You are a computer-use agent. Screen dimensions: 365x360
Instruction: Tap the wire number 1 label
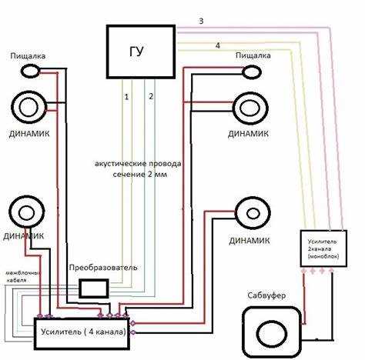point(126,97)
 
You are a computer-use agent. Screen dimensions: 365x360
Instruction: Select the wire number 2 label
point(151,96)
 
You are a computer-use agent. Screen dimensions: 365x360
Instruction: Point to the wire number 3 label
point(201,21)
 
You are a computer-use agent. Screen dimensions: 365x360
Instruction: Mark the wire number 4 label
point(218,46)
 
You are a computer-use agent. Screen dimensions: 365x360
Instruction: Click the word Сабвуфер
point(266,295)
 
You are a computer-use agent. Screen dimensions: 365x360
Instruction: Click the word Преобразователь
point(103,268)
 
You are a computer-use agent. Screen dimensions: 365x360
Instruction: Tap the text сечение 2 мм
point(140,175)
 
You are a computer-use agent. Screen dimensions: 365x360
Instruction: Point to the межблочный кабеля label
point(23,276)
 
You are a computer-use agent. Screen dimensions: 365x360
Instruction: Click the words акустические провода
point(138,164)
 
